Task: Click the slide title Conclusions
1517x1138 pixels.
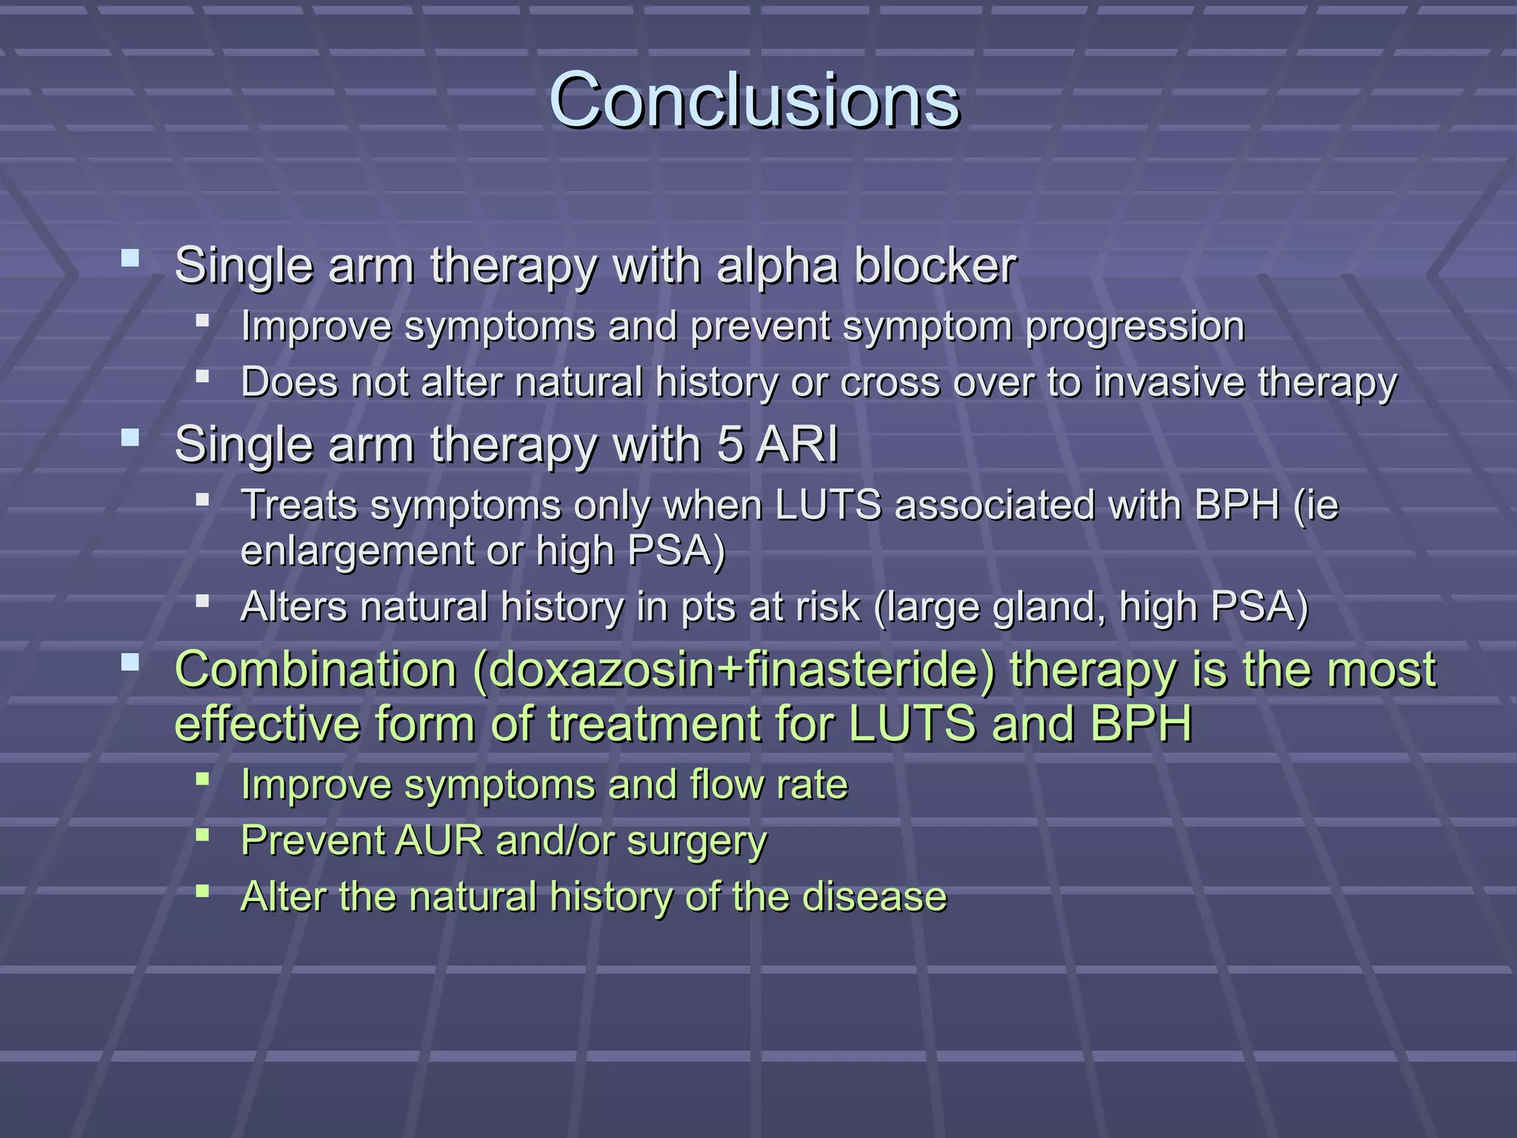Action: pos(753,99)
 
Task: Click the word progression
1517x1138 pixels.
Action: pos(1134,327)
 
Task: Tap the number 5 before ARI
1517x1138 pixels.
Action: pos(730,445)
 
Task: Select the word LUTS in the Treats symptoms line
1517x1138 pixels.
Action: pos(828,505)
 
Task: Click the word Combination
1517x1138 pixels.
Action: pos(316,670)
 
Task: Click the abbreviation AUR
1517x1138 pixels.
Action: pos(439,841)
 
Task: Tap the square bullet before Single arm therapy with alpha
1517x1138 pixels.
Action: pos(130,258)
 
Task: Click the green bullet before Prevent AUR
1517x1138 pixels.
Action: pos(202,835)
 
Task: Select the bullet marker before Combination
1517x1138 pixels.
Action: pos(130,662)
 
